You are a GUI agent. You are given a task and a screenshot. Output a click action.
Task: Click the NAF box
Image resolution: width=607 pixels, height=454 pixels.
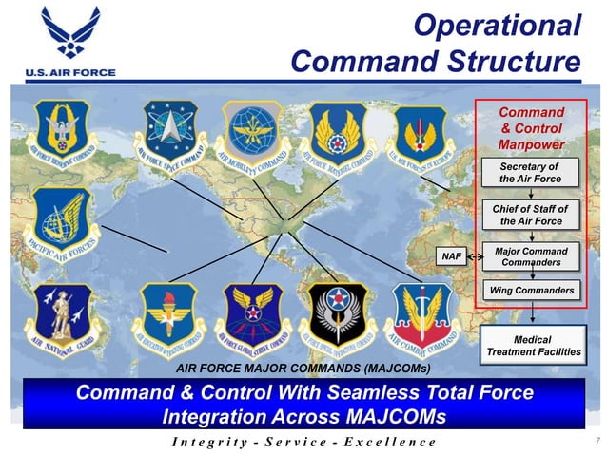452,255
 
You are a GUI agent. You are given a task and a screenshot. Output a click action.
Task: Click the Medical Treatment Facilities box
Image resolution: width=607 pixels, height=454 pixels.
532,346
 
